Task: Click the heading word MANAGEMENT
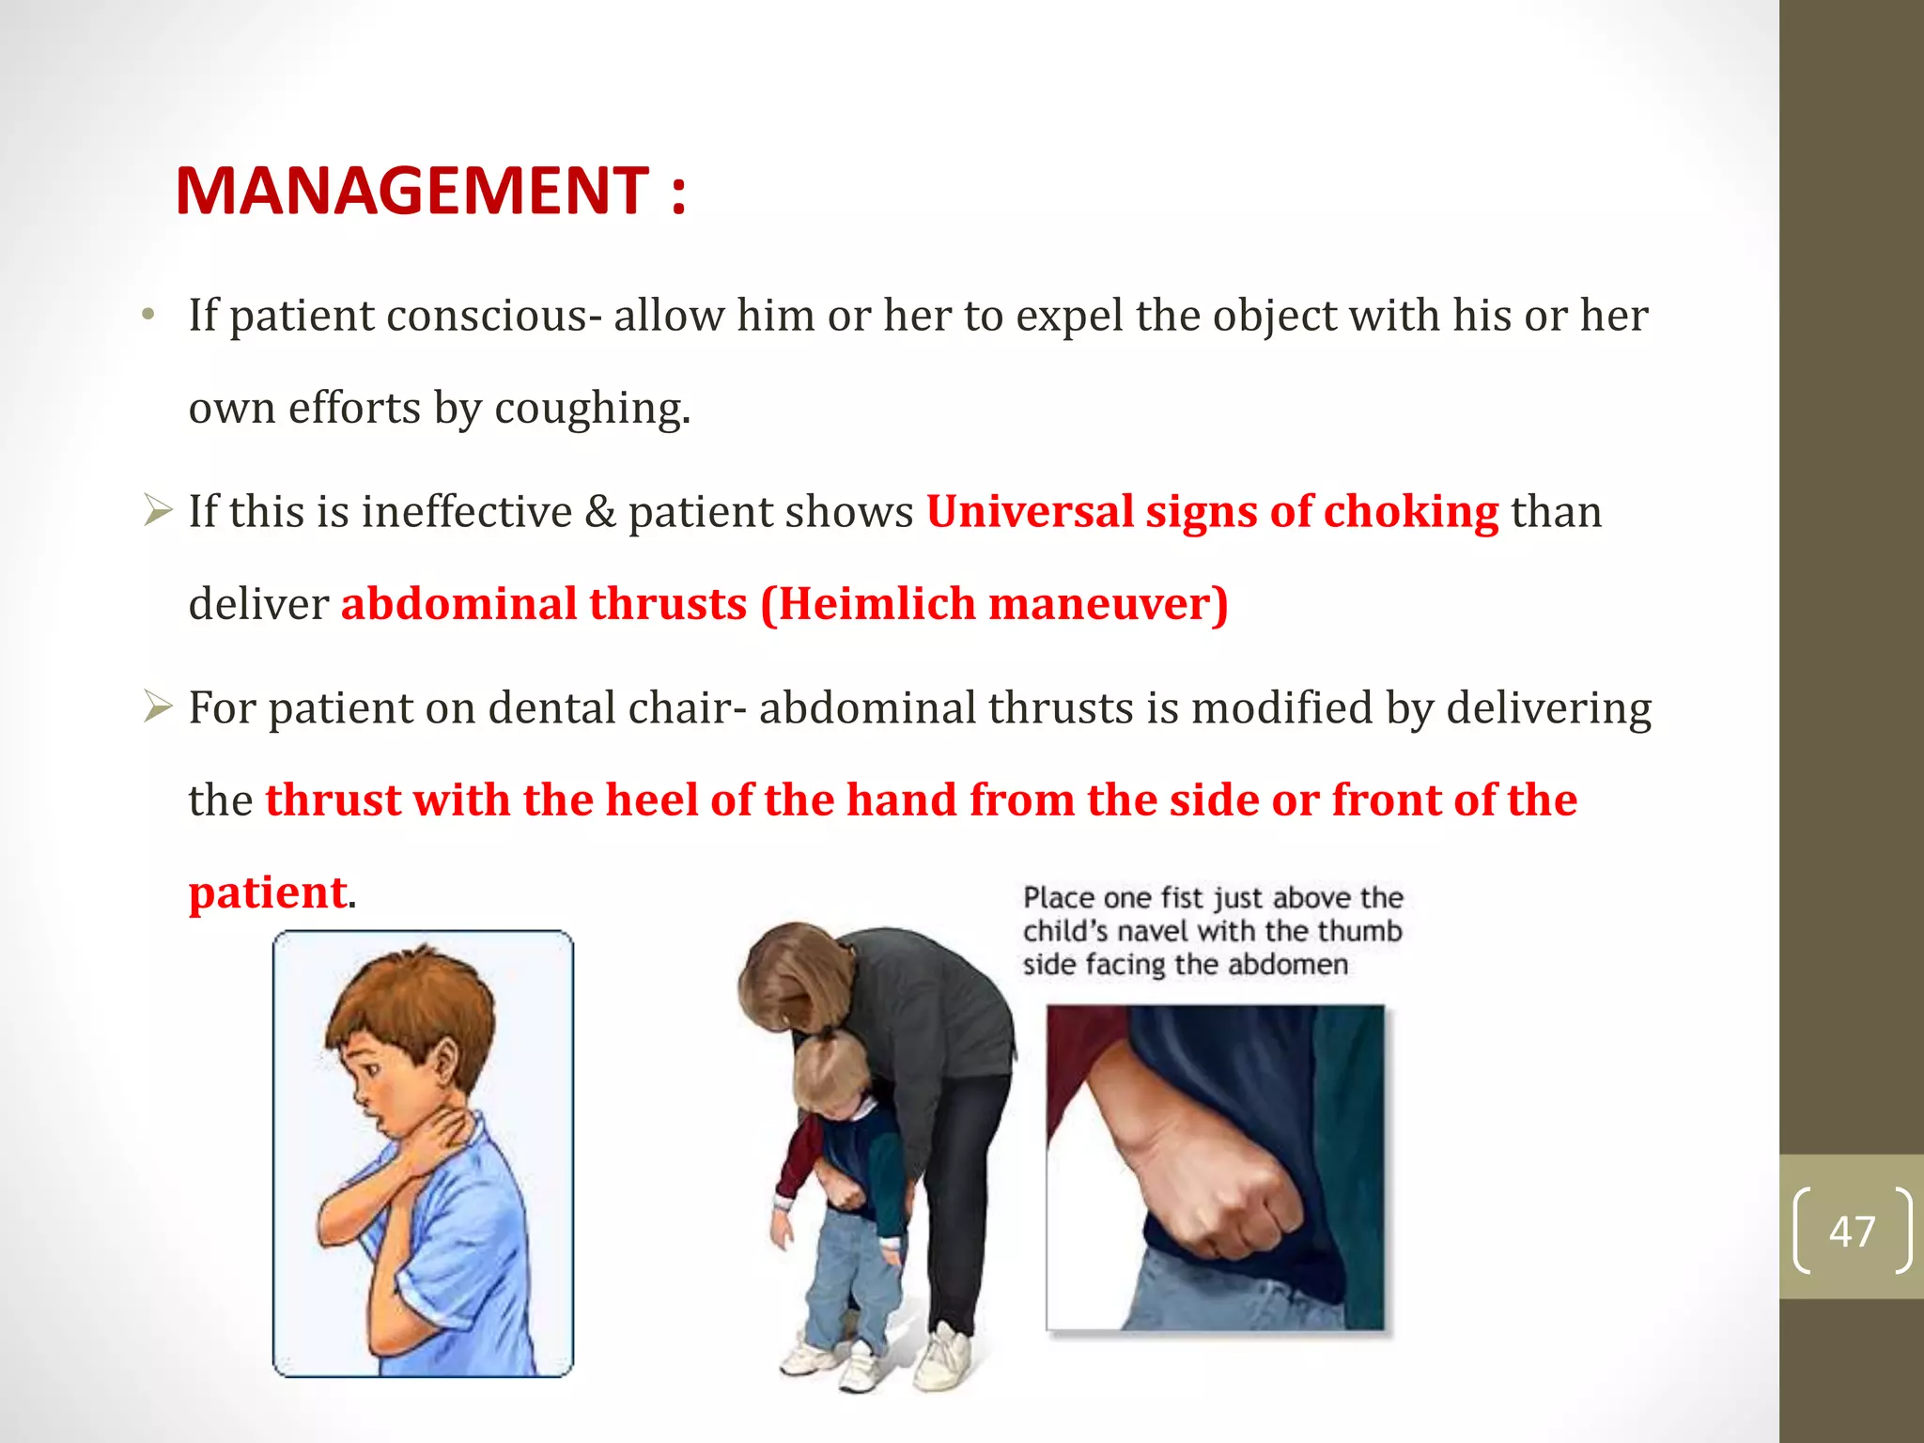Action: (x=411, y=191)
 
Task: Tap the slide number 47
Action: (x=1852, y=1231)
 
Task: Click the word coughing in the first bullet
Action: (x=592, y=408)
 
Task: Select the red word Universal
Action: (x=1030, y=512)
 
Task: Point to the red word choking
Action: (x=1411, y=512)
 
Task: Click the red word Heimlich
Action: (x=877, y=604)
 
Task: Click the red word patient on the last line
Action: (x=268, y=892)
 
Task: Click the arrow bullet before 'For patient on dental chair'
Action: (x=158, y=706)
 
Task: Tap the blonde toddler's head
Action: (x=827, y=1071)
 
